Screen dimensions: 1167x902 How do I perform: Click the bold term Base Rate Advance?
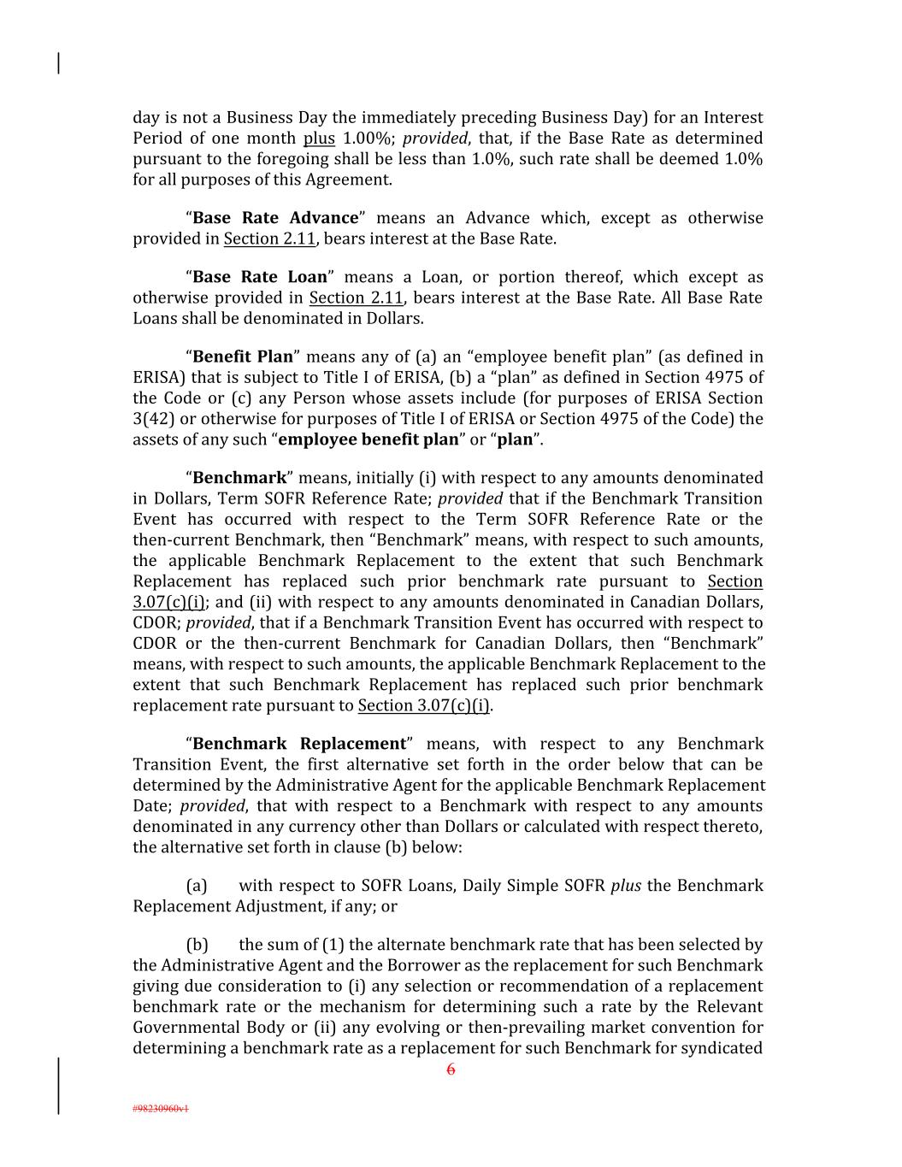pos(275,218)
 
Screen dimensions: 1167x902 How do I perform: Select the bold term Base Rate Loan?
pos(260,277)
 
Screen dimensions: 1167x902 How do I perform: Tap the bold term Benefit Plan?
pos(243,357)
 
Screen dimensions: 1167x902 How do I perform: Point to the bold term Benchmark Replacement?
pos(299,744)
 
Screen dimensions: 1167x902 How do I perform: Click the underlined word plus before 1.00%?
pos(319,139)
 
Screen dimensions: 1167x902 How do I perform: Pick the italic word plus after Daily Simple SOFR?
pos(627,886)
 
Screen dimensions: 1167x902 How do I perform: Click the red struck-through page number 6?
pos(451,1070)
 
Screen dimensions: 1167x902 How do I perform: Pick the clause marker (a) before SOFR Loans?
pos(197,886)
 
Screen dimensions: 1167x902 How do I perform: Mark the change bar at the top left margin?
pos(58,63)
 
